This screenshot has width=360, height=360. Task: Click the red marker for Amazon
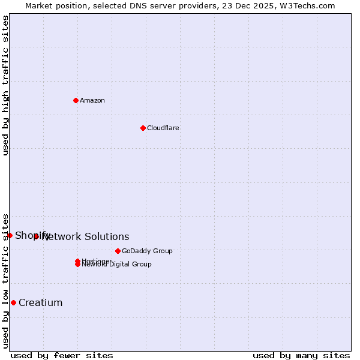76,100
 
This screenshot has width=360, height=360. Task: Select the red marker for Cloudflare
143,128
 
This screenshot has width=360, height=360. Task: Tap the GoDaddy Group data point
118,251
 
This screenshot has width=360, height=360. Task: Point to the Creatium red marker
13,302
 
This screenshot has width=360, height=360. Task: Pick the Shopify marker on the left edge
10,235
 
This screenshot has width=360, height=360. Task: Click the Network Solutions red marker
36,236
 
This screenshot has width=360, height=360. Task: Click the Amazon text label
92,100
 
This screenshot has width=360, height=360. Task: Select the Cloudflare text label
163,128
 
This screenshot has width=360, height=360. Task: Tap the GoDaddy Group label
147,251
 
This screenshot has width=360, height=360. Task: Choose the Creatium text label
40,302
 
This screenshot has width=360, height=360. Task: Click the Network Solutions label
86,237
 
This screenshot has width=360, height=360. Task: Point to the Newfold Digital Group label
117,265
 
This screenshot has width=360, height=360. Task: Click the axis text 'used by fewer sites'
62,355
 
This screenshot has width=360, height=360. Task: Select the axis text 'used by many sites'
301,355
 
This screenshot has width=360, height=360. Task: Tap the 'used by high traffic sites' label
6,85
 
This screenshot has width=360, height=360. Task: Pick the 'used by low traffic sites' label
6,281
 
